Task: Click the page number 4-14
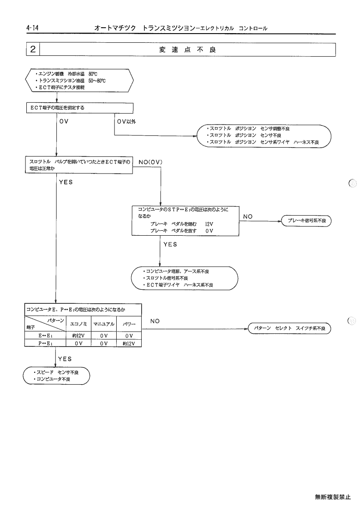pyautogui.click(x=32, y=28)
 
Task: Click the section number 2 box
pyautogui.click(x=33, y=50)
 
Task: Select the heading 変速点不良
pyautogui.click(x=187, y=50)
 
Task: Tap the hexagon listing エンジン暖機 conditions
pyautogui.click(x=79, y=80)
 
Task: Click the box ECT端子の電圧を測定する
pyautogui.click(x=80, y=108)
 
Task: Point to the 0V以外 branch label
pyautogui.click(x=127, y=122)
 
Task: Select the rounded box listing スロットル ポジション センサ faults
pyautogui.click(x=264, y=136)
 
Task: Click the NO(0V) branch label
pyautogui.click(x=151, y=162)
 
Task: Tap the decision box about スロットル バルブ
pyautogui.click(x=79, y=165)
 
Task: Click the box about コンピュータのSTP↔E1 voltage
pyautogui.click(x=185, y=221)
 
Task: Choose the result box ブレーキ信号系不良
pyautogui.click(x=306, y=221)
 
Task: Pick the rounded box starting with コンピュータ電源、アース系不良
pyautogui.click(x=184, y=278)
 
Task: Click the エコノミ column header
pyautogui.click(x=79, y=324)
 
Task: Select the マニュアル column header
pyautogui.click(x=104, y=324)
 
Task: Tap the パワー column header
pyautogui.click(x=129, y=324)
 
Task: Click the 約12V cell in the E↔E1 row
pyautogui.click(x=79, y=336)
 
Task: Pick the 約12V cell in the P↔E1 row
pyautogui.click(x=129, y=343)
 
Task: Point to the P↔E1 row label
pyautogui.click(x=45, y=343)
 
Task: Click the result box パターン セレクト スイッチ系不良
pyautogui.click(x=290, y=328)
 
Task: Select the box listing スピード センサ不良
pyautogui.click(x=56, y=376)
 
